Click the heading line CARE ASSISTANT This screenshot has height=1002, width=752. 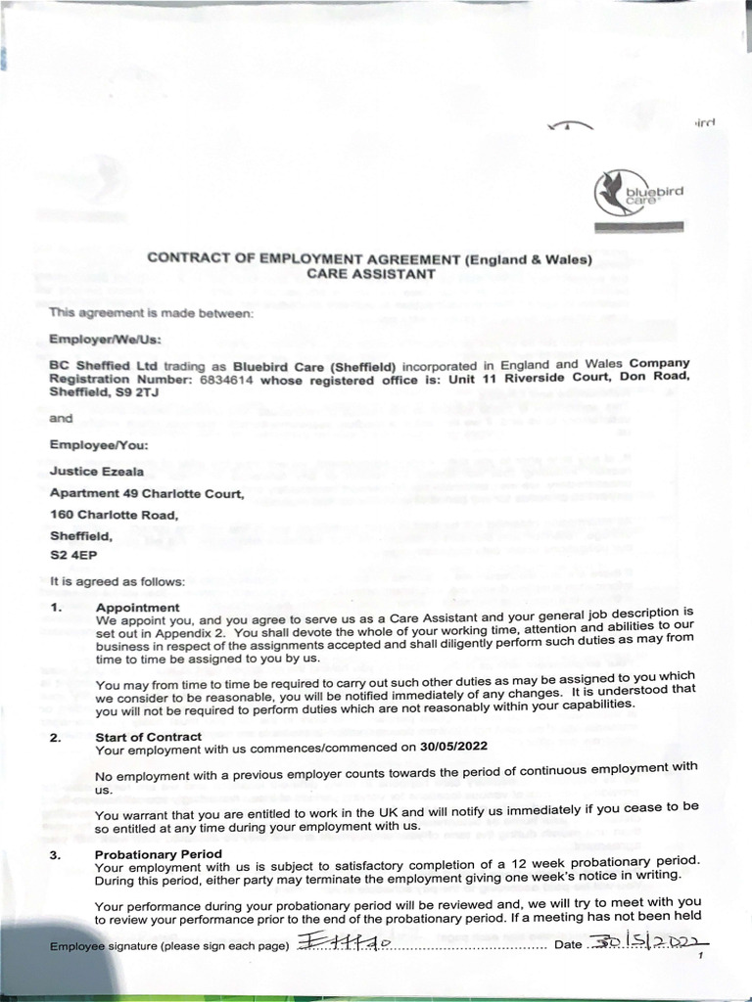point(370,275)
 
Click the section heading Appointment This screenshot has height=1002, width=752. point(137,608)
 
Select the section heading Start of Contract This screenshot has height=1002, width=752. point(148,736)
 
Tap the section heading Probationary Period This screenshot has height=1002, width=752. point(152,854)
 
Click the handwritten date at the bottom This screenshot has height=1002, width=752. point(649,940)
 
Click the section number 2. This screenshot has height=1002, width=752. point(56,737)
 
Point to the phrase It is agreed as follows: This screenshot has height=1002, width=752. point(117,581)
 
